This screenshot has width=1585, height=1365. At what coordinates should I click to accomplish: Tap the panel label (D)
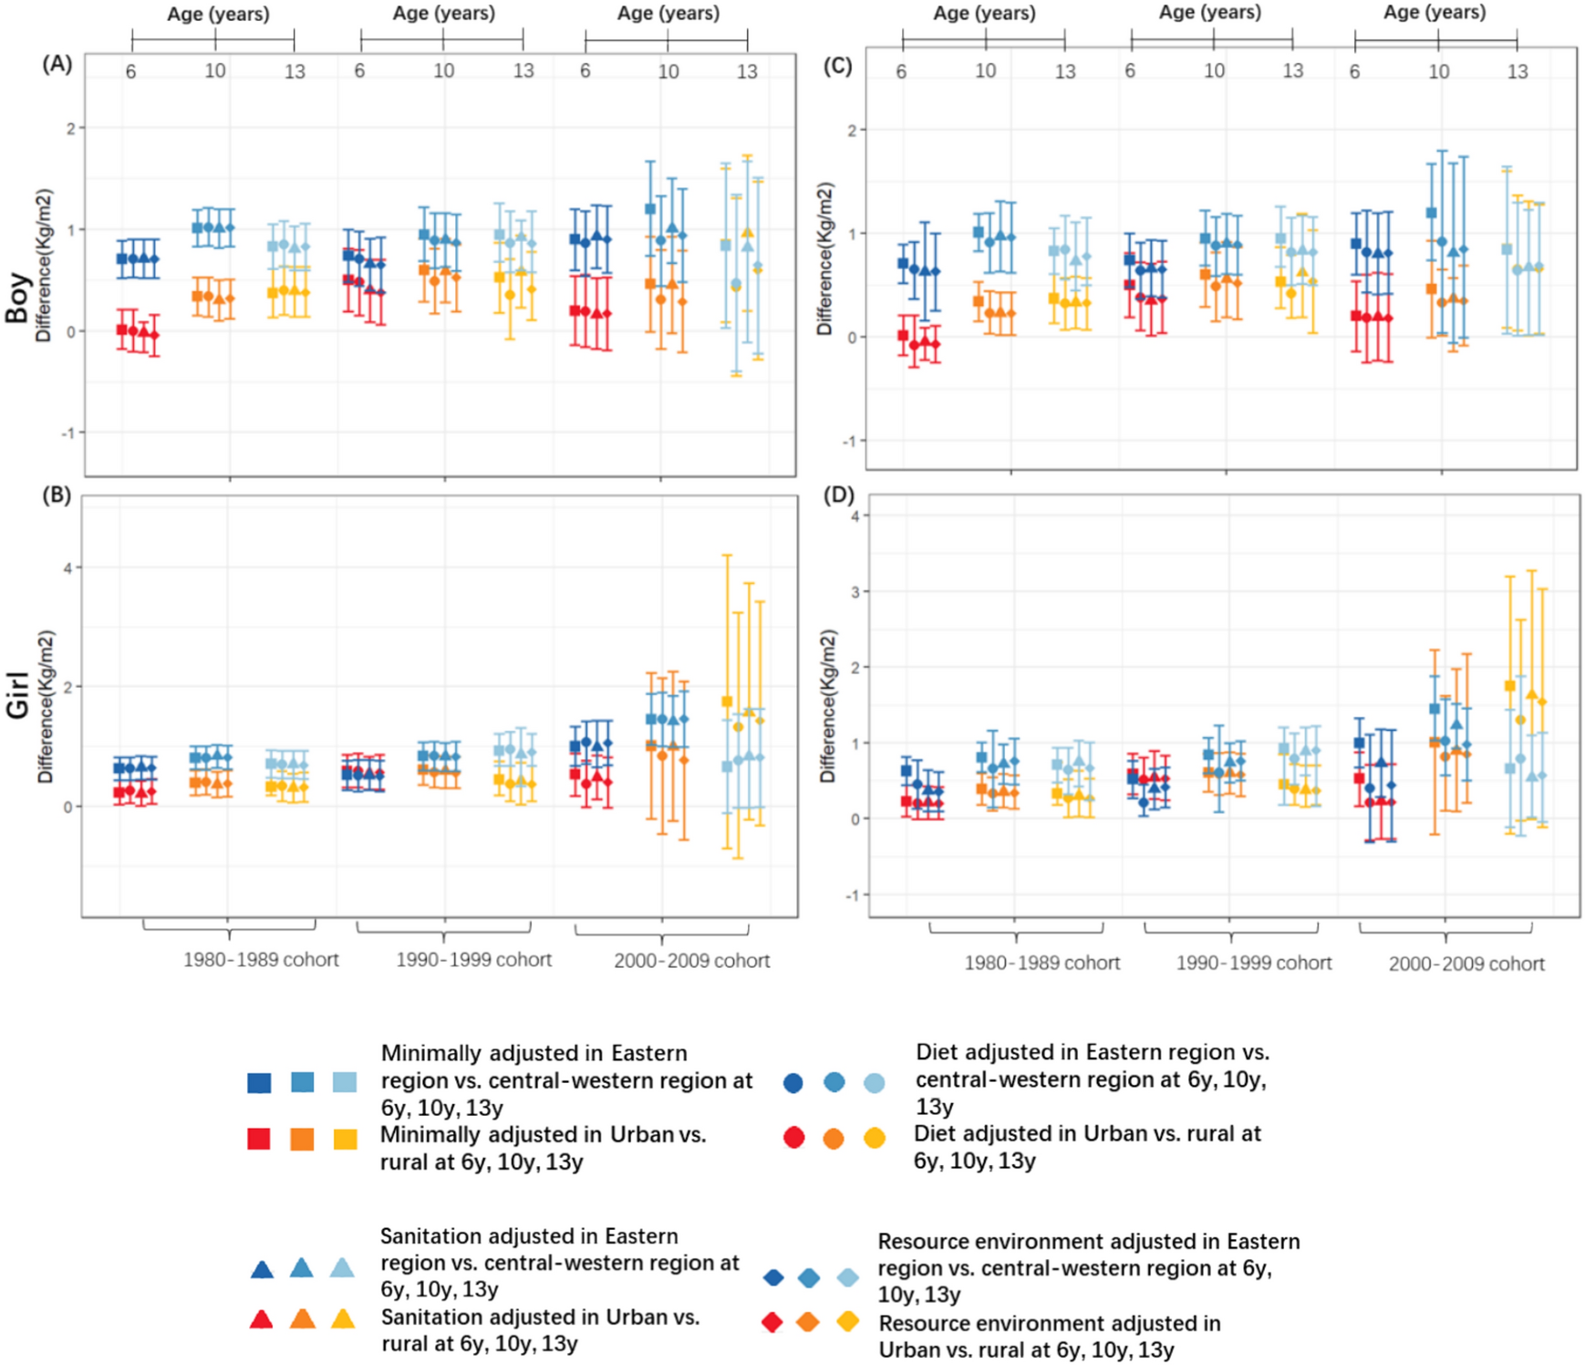tap(838, 495)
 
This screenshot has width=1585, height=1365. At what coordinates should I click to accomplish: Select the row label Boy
tap(17, 298)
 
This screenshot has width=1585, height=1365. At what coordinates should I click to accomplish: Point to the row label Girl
tap(17, 696)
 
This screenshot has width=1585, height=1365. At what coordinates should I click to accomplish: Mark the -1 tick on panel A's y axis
tap(67, 432)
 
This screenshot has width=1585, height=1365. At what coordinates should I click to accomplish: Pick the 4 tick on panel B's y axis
tap(68, 568)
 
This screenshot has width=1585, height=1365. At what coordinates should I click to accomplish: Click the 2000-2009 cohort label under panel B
tap(691, 960)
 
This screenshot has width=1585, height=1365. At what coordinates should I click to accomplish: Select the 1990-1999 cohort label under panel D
tap(1253, 963)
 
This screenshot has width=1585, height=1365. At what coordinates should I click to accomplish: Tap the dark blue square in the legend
tap(259, 1083)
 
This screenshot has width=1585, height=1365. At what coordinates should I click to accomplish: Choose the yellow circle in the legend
tap(874, 1138)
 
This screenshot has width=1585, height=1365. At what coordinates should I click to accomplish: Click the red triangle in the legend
tap(261, 1318)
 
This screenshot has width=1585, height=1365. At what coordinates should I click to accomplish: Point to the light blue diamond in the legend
tap(847, 1277)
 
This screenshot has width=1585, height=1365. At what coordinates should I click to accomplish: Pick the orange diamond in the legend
tap(807, 1322)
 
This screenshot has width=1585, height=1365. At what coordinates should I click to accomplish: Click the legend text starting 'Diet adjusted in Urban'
tap(1086, 1147)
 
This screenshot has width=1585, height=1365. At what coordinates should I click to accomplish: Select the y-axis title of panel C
tap(825, 258)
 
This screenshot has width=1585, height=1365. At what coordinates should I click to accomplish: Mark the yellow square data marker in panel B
tap(727, 702)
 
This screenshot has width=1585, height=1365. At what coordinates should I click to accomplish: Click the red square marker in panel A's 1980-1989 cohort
tap(122, 330)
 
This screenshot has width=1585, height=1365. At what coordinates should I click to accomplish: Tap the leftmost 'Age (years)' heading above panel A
tap(217, 14)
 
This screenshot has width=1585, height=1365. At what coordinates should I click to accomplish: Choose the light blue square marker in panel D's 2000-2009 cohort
tap(1509, 768)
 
